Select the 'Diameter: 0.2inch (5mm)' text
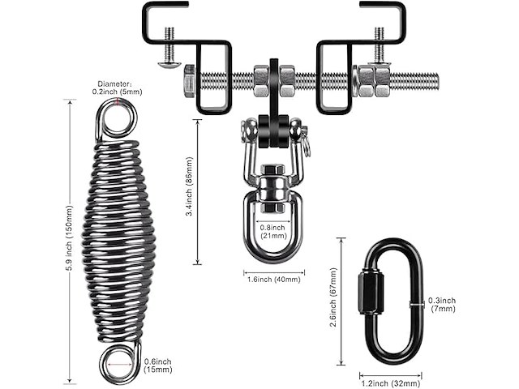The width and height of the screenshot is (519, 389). pyautogui.click(x=118, y=87)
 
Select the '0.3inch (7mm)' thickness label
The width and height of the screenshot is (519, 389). pyautogui.click(x=442, y=305)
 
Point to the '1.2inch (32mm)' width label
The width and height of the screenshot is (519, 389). pyautogui.click(x=390, y=383)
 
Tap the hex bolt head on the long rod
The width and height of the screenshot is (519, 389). pyautogui.click(x=185, y=81)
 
